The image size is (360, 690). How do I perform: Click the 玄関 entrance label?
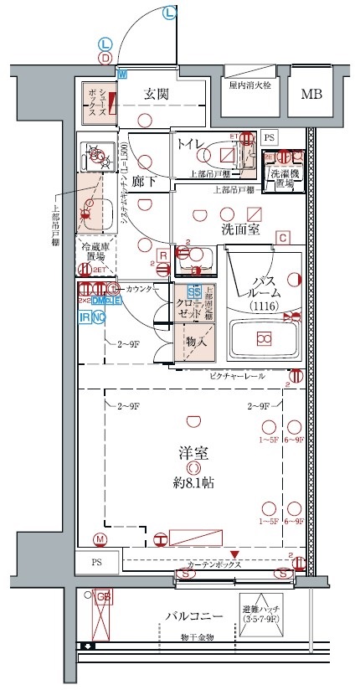click(x=157, y=94)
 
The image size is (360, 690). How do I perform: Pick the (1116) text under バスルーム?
click(x=265, y=307)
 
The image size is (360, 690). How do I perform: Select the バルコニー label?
click(x=193, y=616)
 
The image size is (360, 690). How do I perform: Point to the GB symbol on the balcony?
click(x=102, y=597)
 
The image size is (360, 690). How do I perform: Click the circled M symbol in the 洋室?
click(x=100, y=538)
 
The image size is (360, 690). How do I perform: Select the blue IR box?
click(x=85, y=317)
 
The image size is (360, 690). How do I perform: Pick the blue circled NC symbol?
click(x=99, y=317)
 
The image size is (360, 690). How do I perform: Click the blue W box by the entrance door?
click(x=122, y=74)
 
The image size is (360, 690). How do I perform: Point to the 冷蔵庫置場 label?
click(x=97, y=252)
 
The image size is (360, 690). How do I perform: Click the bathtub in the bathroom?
click(x=264, y=338)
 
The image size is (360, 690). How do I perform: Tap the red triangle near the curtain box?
click(x=235, y=554)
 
